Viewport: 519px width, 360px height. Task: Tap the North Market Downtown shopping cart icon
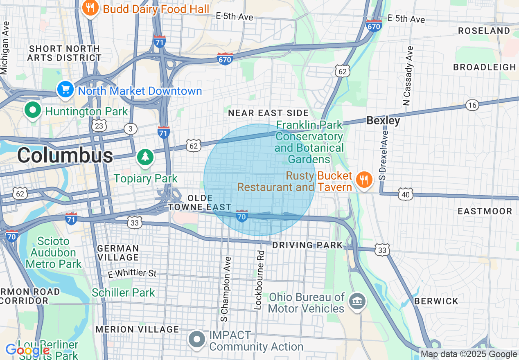[x=65, y=90]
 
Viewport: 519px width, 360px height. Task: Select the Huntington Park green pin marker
[x=33, y=110]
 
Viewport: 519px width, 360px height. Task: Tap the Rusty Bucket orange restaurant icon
[x=363, y=180]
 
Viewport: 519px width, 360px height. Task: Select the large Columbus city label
[x=65, y=155]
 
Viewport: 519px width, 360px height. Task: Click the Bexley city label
[x=383, y=121]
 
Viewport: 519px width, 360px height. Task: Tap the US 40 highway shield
[x=406, y=194]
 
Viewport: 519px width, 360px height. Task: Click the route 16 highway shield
[x=472, y=105]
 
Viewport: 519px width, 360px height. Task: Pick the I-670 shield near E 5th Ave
[x=374, y=26]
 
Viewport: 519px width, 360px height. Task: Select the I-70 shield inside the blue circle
[x=242, y=216]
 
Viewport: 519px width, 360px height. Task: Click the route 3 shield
[x=131, y=129]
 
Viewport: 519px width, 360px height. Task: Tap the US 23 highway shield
[x=99, y=126]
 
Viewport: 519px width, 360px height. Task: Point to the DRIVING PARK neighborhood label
[x=307, y=245]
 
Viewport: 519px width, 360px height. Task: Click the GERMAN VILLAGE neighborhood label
[x=118, y=253]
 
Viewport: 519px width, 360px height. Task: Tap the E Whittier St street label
[x=132, y=273]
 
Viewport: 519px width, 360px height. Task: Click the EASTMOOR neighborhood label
[x=485, y=211]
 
